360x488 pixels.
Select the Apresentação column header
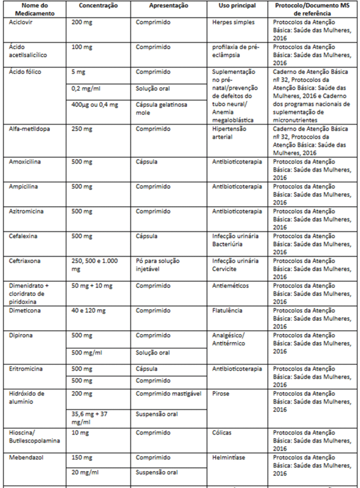(x=168, y=6)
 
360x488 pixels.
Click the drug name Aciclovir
(x=21, y=22)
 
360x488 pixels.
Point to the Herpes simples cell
(x=233, y=22)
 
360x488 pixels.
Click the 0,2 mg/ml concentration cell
(x=85, y=89)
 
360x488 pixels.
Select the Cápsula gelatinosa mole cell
(x=161, y=109)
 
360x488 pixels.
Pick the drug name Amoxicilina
(x=25, y=162)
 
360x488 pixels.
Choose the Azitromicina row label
(x=26, y=212)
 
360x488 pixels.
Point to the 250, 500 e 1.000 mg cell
(x=94, y=265)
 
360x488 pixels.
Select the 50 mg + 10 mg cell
(x=92, y=286)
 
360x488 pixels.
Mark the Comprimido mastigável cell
(x=168, y=394)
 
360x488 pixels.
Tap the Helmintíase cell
(x=229, y=457)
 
